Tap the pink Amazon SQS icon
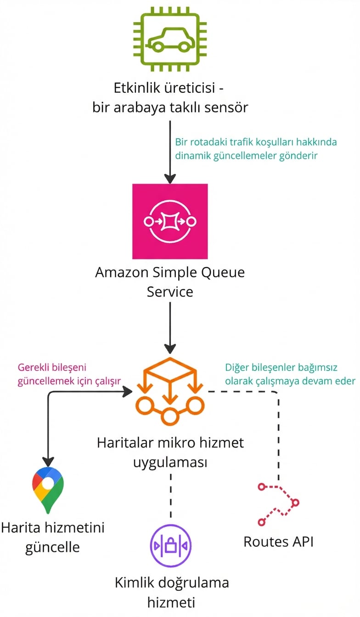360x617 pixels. click(170, 221)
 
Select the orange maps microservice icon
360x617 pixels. click(170, 390)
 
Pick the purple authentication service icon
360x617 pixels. click(171, 546)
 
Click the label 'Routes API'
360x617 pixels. click(279, 542)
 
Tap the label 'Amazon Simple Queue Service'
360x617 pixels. click(170, 282)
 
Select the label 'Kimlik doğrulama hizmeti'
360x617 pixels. click(171, 592)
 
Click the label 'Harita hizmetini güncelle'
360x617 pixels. click(52, 537)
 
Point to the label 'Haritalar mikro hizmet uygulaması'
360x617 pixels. click(170, 453)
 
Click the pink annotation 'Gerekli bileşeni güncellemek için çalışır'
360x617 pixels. click(69, 374)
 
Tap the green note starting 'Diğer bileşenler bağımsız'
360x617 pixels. click(290, 374)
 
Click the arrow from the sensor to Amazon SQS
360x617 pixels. click(170, 151)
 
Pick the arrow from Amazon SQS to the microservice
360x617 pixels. click(170, 328)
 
